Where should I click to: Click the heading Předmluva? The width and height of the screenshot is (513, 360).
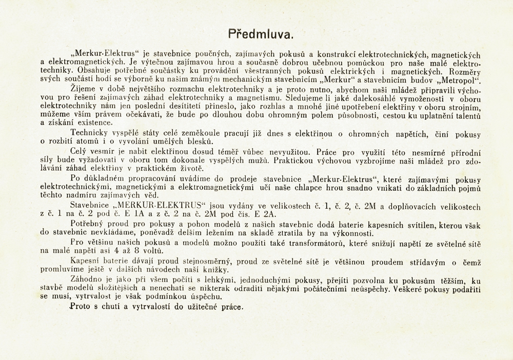tap(261, 34)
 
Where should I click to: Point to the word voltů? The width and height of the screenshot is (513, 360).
tap(151, 250)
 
